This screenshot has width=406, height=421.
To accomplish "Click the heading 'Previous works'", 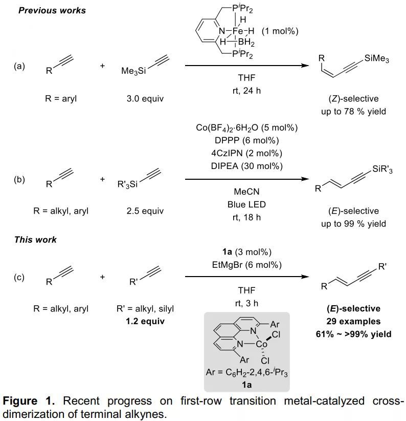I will point(52,10).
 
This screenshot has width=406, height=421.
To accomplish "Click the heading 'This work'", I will point(35,239).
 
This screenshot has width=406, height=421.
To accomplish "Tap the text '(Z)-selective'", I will point(353,98).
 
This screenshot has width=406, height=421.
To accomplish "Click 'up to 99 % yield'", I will point(353,224).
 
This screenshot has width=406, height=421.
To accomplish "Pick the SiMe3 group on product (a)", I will point(376,59).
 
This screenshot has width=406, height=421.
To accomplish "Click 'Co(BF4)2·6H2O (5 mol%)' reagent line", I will point(247,128).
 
